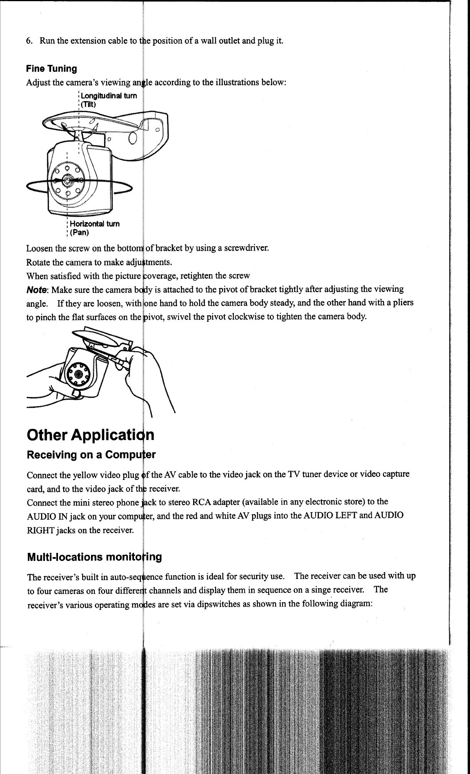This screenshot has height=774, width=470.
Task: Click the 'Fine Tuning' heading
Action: pos(51,69)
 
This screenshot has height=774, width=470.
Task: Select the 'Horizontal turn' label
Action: pos(93,223)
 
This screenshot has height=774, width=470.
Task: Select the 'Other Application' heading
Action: pos(91,435)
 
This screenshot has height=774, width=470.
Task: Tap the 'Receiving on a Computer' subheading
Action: pos(91,455)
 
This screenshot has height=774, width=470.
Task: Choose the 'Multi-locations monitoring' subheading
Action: pos(94,557)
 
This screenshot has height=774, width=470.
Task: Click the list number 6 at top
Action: pos(29,41)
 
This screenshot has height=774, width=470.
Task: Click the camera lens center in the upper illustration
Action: pos(67,180)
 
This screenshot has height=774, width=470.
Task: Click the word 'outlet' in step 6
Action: pos(227,41)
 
